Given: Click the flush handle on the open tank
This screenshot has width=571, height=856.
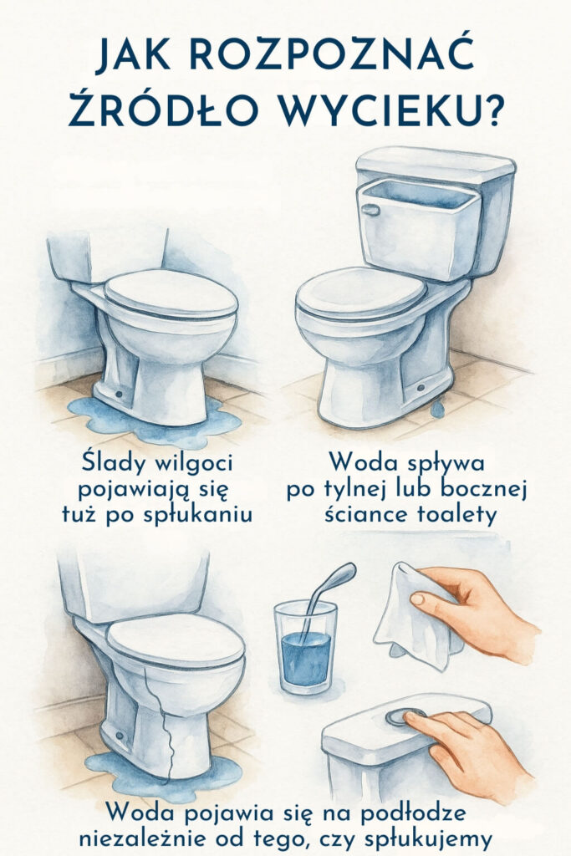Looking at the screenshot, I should tap(370, 210).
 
